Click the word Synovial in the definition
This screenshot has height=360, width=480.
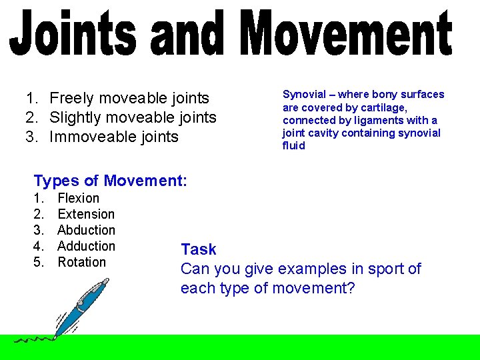pos(304,95)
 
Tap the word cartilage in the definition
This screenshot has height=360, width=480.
pos(383,107)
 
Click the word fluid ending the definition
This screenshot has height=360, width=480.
pos(293,146)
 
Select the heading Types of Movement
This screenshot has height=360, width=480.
pos(110,181)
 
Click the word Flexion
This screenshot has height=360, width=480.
pos(79,198)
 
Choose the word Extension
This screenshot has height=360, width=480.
pos(86,214)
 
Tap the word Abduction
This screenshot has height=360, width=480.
pos(87,230)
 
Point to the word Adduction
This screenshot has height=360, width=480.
pos(87,246)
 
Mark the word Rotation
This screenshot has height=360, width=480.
pos(82,262)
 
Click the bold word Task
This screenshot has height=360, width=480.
pos(199,250)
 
